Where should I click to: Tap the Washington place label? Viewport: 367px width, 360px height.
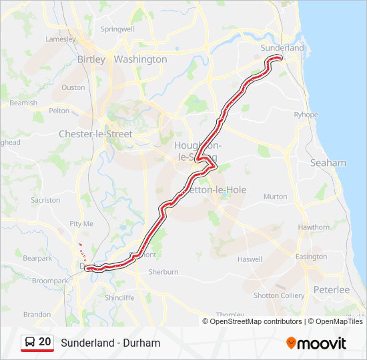pyautogui.click(x=140, y=59)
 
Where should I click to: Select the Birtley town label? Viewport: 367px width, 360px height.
pyautogui.click(x=91, y=59)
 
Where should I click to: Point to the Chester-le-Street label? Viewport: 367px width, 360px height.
pyautogui.click(x=95, y=134)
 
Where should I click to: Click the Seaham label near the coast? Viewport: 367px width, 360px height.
pyautogui.click(x=328, y=163)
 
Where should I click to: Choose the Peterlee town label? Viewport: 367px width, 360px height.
pyautogui.click(x=332, y=290)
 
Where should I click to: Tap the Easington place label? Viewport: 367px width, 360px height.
pyautogui.click(x=312, y=257)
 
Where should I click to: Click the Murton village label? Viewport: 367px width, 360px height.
pyautogui.click(x=275, y=197)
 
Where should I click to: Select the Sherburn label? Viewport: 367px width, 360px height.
pyautogui.click(x=163, y=272)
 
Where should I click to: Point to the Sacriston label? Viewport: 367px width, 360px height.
pyautogui.click(x=45, y=200)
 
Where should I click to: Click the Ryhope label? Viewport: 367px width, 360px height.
pyautogui.click(x=306, y=115)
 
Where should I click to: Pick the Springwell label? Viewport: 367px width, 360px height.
pyautogui.click(x=117, y=29)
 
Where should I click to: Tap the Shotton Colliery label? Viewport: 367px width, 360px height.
pyautogui.click(x=279, y=295)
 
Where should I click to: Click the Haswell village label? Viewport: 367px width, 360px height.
pyautogui.click(x=250, y=259)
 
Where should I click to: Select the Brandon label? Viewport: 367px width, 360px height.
pyautogui.click(x=37, y=314)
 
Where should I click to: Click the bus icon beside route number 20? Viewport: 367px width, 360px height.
pyautogui.click(x=30, y=343)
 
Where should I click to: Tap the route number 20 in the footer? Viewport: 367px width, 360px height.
pyautogui.click(x=45, y=342)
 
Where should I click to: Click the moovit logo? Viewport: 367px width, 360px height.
pyautogui.click(x=316, y=343)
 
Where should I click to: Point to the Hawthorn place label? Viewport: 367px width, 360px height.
pyautogui.click(x=314, y=227)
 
